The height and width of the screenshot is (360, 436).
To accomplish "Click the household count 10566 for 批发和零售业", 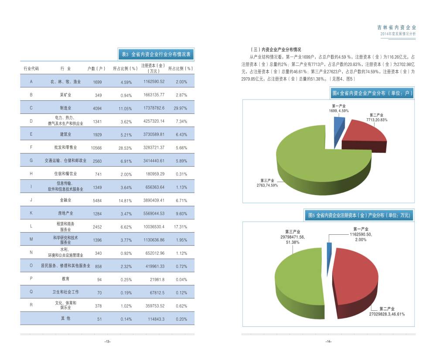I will (96, 148).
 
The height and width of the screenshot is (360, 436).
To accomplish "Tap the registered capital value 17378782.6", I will (154, 108).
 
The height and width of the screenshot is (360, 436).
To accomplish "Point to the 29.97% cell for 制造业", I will (181, 108).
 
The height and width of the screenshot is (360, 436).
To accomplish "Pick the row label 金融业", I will (65, 200).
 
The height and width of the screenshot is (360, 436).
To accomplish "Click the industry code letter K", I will (31, 213).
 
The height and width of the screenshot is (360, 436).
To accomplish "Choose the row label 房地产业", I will (65, 213).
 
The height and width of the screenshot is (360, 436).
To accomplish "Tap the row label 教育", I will (65, 278).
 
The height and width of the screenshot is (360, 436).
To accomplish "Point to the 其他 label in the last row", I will (65, 319).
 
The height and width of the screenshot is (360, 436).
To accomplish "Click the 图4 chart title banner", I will (372, 93).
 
